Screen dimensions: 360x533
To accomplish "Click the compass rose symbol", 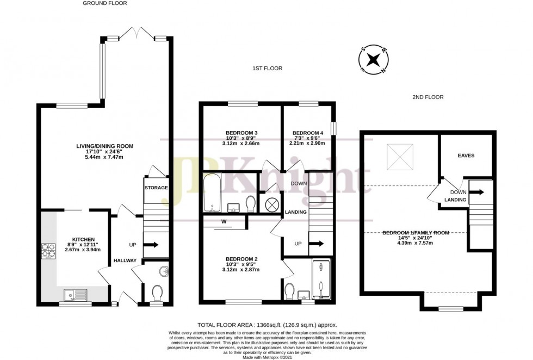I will point(374,60).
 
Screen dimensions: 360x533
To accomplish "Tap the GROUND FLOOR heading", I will point(105,3).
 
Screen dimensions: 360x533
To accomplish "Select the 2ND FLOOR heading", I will point(428,97).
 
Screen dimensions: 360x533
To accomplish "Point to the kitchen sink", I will point(74,295).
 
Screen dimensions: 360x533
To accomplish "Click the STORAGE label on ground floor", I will point(156,188).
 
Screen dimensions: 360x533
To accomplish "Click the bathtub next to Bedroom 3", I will point(210,194).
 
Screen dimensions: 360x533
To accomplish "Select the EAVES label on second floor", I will point(466,156).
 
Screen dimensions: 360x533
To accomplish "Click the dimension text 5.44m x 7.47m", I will point(105,158).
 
